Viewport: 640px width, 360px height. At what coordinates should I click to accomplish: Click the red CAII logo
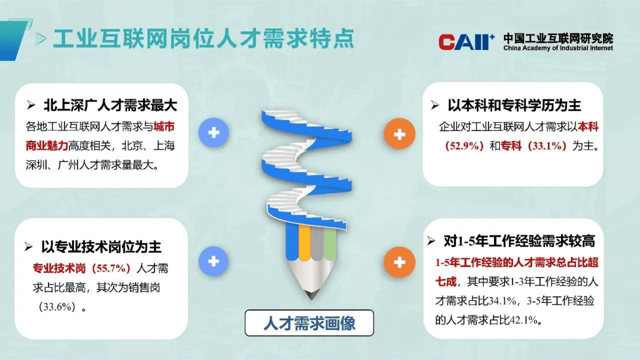coord(466,42)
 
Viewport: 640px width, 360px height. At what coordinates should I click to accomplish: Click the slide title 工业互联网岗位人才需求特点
coord(204,39)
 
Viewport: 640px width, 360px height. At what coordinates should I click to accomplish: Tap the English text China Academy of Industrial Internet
coord(558,48)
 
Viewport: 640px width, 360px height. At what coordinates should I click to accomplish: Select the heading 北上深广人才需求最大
coord(110,105)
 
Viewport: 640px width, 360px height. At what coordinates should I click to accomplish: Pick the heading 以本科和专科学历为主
coord(514,105)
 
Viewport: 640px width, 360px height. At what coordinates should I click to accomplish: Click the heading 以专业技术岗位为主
coord(101,247)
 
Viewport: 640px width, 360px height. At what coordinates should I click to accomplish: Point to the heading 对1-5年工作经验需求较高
coord(519,241)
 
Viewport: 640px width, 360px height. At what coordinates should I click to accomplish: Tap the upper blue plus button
coord(214,133)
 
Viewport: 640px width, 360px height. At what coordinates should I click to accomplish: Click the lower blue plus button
coord(214,262)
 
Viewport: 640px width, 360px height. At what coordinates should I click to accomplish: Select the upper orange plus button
coord(399,134)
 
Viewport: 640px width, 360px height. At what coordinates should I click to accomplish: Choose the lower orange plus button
coord(399,262)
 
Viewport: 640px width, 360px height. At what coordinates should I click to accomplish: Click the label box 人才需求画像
coord(309,323)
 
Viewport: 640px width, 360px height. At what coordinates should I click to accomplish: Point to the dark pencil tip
coord(311,295)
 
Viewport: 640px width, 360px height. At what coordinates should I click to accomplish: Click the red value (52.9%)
coord(464,146)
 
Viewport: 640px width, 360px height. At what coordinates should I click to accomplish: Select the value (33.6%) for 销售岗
coord(57,307)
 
